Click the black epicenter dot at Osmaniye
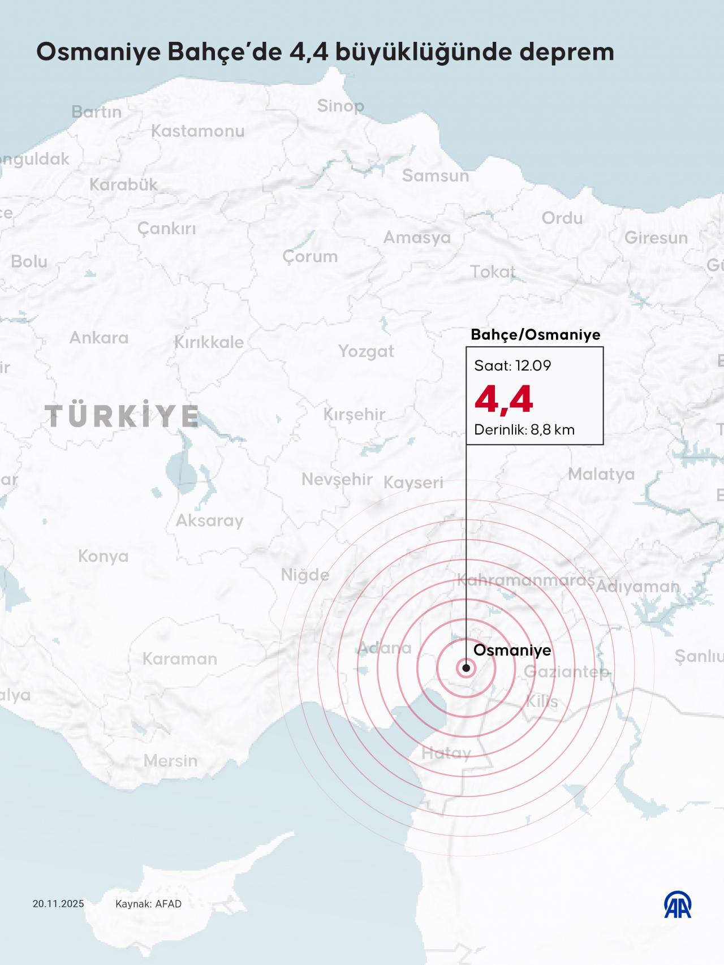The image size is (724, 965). pyautogui.click(x=466, y=668)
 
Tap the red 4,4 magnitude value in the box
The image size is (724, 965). pyautogui.click(x=503, y=399)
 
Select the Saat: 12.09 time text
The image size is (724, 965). pyautogui.click(x=512, y=365)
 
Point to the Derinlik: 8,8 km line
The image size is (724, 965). pyautogui.click(x=524, y=430)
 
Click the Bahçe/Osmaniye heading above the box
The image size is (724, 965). pyautogui.click(x=535, y=335)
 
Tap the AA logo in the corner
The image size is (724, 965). pyautogui.click(x=678, y=904)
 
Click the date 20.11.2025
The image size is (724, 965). pyautogui.click(x=58, y=904)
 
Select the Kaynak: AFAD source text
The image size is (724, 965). pyautogui.click(x=148, y=904)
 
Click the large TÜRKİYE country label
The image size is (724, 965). pyautogui.click(x=122, y=416)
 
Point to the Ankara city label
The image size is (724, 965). pyautogui.click(x=99, y=338)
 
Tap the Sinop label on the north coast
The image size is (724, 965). pyautogui.click(x=340, y=106)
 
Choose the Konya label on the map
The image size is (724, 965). pyautogui.click(x=103, y=557)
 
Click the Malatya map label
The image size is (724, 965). pyautogui.click(x=601, y=474)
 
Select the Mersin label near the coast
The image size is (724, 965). pyautogui.click(x=170, y=761)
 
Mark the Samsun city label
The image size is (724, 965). pyautogui.click(x=436, y=176)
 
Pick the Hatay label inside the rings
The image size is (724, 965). pyautogui.click(x=446, y=753)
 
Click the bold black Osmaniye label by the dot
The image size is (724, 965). pyautogui.click(x=512, y=650)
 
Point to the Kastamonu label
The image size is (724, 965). pyautogui.click(x=197, y=131)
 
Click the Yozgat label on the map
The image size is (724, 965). pyautogui.click(x=366, y=351)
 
